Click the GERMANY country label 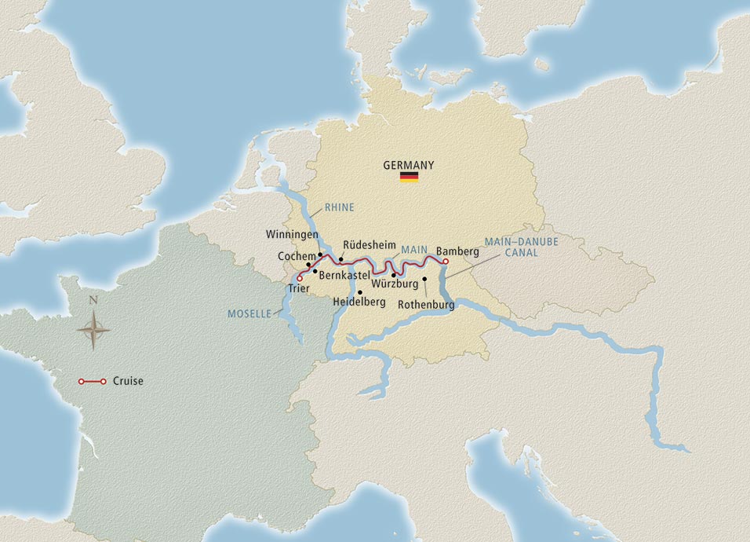408,165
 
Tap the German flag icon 409,177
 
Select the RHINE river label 339,208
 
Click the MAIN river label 413,251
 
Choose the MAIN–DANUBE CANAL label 521,247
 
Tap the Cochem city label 295,256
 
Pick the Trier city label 298,290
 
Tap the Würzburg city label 395,284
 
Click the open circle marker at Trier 300,277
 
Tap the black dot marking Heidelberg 360,291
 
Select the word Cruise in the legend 128,382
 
